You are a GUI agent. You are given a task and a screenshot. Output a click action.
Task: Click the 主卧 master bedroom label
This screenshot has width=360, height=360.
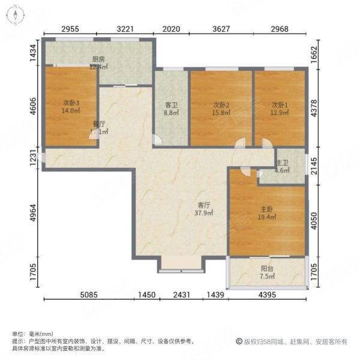point(267,210)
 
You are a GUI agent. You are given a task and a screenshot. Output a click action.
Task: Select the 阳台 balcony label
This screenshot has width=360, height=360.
point(267,269)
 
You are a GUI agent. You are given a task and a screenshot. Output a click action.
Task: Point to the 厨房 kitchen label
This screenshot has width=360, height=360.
point(98,59)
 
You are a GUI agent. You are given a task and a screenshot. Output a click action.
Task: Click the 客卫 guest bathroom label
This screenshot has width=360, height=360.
point(172,104)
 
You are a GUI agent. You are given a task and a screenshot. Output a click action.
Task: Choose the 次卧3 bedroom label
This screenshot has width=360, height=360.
point(71,102)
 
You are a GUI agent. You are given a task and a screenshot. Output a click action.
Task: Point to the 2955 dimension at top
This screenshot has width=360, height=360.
point(71,28)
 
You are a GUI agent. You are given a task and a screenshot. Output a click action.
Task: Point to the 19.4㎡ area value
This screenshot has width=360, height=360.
point(267,218)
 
